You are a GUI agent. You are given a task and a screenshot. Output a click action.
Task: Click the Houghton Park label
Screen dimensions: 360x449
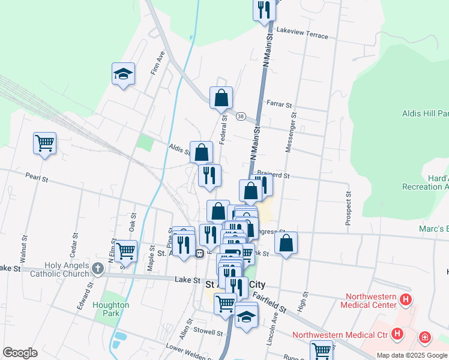tap(111, 308)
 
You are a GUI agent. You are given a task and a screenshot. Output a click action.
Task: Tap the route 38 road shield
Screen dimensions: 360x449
tap(241, 116)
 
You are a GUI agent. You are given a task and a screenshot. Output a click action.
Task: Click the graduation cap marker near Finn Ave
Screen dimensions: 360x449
tap(123, 74)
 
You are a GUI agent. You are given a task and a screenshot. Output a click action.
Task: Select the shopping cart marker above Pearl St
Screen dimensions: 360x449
tap(45, 143)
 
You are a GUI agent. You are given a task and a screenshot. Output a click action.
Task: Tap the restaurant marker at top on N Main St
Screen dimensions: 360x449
tap(264, 10)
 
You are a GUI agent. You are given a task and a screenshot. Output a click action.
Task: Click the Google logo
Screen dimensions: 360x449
tap(20, 353)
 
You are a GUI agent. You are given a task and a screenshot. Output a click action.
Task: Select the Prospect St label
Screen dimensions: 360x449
tap(348, 209)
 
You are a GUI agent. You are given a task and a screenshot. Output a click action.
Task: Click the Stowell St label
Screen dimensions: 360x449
tap(208, 332)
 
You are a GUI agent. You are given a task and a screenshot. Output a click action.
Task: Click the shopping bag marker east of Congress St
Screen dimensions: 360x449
tap(286, 243)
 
